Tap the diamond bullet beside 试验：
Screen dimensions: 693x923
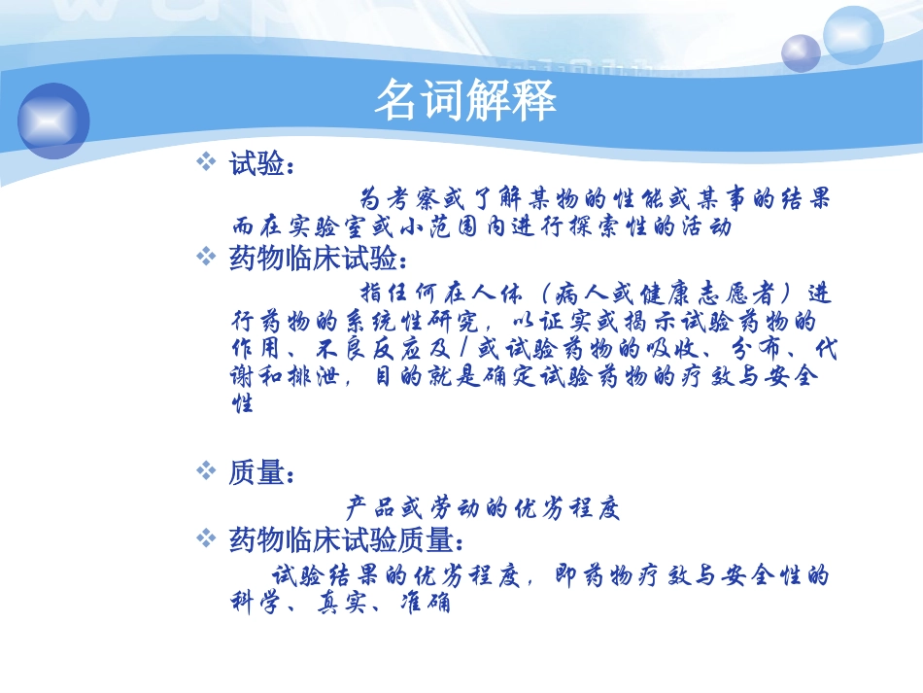pyautogui.click(x=205, y=161)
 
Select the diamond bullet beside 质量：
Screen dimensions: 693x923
pyautogui.click(x=205, y=471)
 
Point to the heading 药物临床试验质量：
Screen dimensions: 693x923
pyautogui.click(x=347, y=537)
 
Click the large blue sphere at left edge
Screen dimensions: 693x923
pyautogui.click(x=53, y=121)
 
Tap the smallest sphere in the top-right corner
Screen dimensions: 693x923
pyautogui.click(x=801, y=52)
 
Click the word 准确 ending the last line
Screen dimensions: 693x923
pyautogui.click(x=425, y=603)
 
